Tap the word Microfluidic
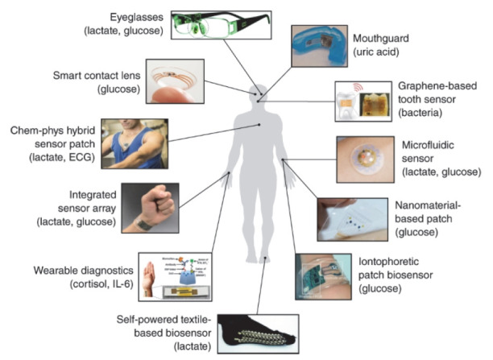[420, 146]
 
